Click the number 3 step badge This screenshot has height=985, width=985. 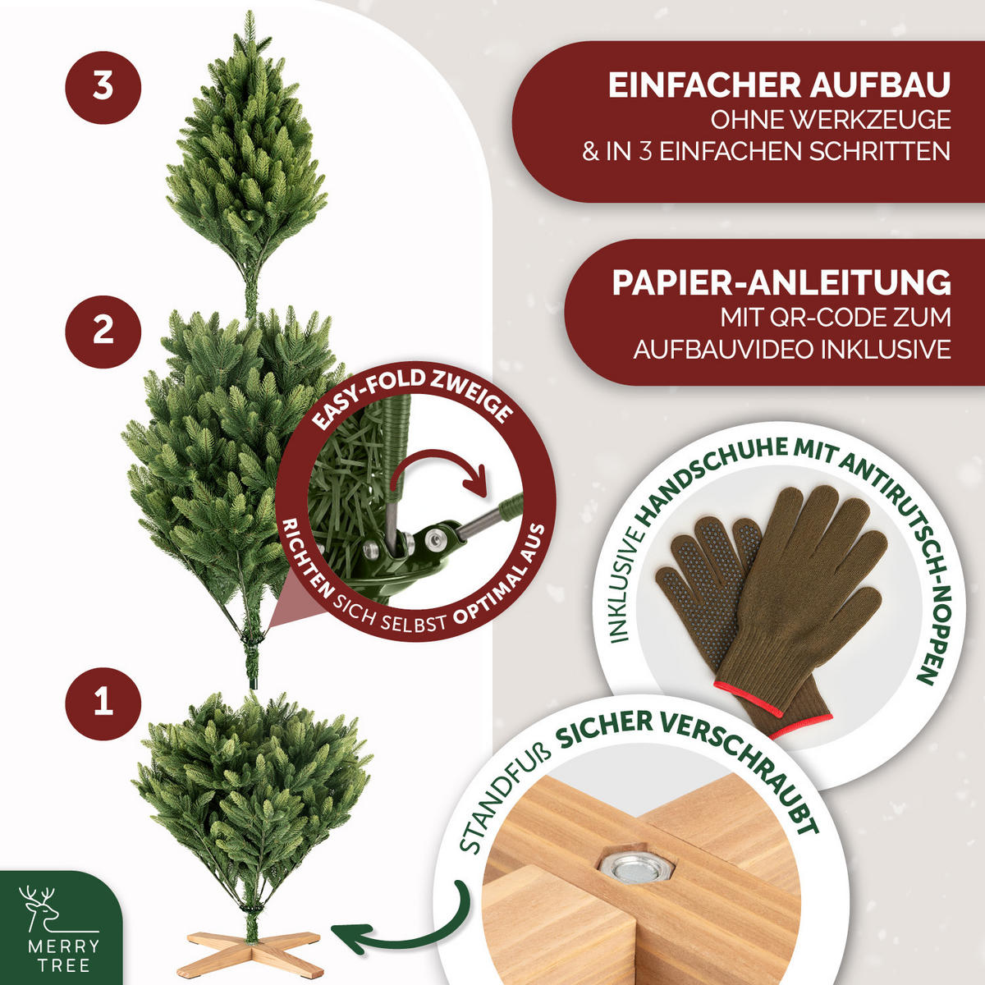point(103,87)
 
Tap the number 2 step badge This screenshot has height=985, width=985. point(103,332)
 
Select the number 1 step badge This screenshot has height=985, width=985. point(103,703)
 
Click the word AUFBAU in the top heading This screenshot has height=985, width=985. point(880,85)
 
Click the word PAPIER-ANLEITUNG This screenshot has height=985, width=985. point(781,282)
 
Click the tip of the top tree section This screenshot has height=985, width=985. point(250,12)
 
